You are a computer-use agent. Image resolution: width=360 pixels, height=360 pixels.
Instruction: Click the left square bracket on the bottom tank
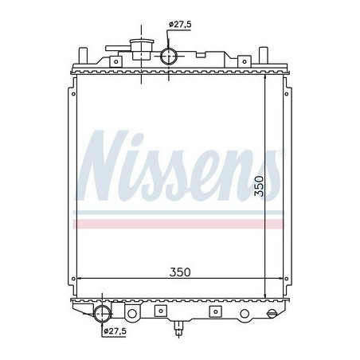click(x=158, y=311)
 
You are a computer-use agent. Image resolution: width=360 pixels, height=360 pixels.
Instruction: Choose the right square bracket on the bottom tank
click(x=213, y=311)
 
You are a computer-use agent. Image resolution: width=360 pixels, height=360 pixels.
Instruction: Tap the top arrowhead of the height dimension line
click(x=268, y=77)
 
